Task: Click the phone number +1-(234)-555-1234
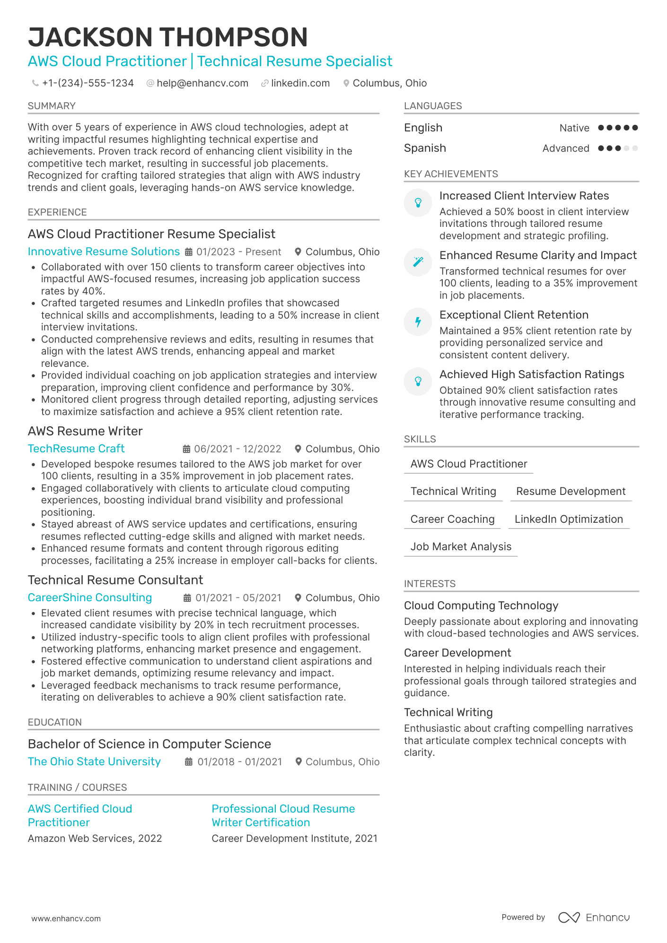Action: point(88,83)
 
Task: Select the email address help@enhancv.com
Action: point(202,83)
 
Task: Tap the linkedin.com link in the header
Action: point(300,83)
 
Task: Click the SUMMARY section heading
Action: point(52,106)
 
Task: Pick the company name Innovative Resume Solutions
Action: point(104,251)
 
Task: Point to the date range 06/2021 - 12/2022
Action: point(237,449)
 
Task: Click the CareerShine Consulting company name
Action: point(90,597)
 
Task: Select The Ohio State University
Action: point(94,761)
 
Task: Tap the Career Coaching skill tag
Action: point(452,519)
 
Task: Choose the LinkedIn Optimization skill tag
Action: point(569,519)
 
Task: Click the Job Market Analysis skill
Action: point(461,546)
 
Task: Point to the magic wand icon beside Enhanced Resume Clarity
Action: point(418,262)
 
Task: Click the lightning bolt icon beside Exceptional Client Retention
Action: point(418,322)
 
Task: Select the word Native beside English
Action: point(574,128)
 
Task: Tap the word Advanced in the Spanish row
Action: point(566,148)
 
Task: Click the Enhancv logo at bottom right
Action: point(594,917)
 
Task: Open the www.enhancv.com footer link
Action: point(66,918)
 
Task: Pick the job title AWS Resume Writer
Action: point(85,431)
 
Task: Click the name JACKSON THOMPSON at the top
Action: point(168,37)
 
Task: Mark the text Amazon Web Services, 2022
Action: point(95,838)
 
